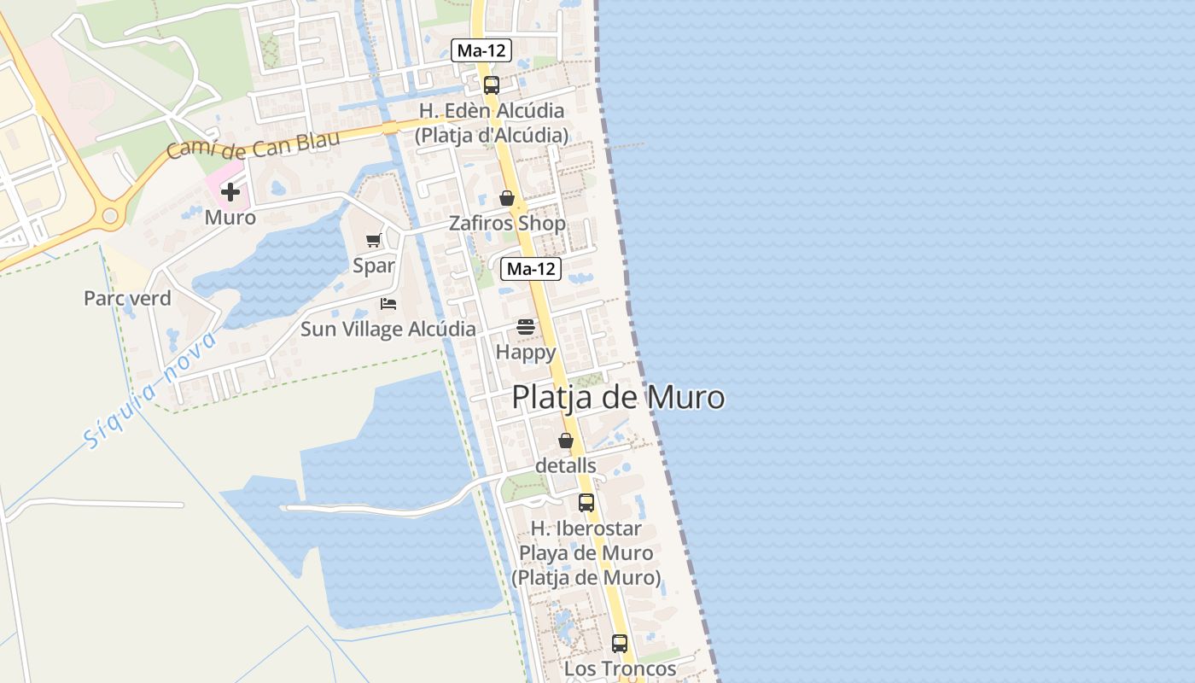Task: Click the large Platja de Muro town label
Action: pyautogui.click(x=618, y=398)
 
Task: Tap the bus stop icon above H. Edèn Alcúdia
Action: pyautogui.click(x=491, y=85)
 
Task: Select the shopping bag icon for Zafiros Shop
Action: pyautogui.click(x=507, y=198)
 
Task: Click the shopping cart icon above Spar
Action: pyautogui.click(x=373, y=240)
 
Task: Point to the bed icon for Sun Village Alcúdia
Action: pyautogui.click(x=388, y=303)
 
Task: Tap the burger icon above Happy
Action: pyautogui.click(x=525, y=326)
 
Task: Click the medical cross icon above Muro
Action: pyautogui.click(x=230, y=192)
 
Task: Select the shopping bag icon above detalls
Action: pyautogui.click(x=565, y=441)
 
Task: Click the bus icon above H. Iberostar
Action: pyautogui.click(x=586, y=502)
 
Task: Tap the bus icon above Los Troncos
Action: pyautogui.click(x=620, y=643)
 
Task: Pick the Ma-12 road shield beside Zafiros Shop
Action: pyautogui.click(x=531, y=269)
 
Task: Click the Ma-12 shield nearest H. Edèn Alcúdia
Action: pyautogui.click(x=481, y=50)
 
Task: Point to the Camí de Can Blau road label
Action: pyautogui.click(x=253, y=145)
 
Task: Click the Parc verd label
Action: pyautogui.click(x=127, y=298)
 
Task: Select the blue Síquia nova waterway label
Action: pyautogui.click(x=150, y=390)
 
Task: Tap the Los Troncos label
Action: pyautogui.click(x=620, y=668)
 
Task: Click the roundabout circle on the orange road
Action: pyautogui.click(x=110, y=216)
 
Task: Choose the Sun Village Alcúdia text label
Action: pyautogui.click(x=388, y=329)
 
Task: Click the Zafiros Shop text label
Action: pyautogui.click(x=507, y=224)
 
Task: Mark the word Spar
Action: pyautogui.click(x=374, y=266)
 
